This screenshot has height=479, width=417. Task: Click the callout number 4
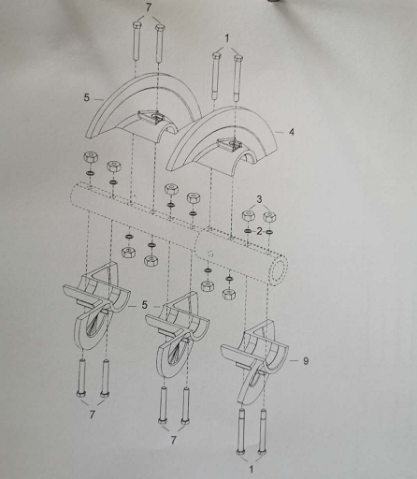tap(291, 132)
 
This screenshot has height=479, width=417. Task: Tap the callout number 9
tap(306, 361)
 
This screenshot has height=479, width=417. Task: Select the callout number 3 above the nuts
tap(259, 199)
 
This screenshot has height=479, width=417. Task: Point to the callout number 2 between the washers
tap(259, 231)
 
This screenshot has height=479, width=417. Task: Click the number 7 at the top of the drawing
tap(149, 7)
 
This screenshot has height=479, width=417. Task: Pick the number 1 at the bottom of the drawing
tap(252, 469)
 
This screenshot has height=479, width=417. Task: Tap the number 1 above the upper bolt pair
tap(227, 38)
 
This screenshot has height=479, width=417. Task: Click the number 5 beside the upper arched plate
tap(86, 97)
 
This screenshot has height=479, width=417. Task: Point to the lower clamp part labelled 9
tap(254, 363)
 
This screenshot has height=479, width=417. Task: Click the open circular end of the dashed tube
tap(279, 268)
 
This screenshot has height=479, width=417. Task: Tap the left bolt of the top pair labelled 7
tap(137, 41)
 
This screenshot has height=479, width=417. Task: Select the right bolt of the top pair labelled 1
tap(237, 79)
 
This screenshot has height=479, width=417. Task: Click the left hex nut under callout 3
tap(248, 216)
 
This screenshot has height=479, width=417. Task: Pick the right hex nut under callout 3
tap(269, 217)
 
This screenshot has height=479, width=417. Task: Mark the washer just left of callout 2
tap(248, 231)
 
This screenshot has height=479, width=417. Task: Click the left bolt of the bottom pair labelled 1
tap(241, 431)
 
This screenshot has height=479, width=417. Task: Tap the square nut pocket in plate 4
tap(230, 144)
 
